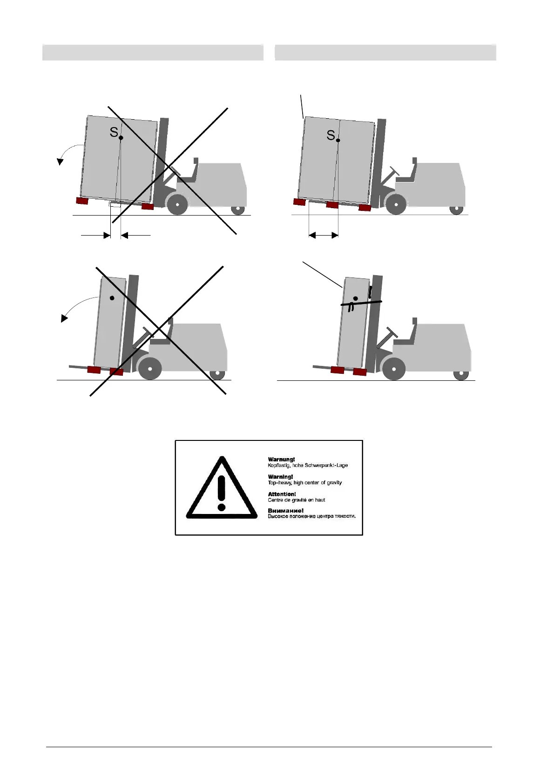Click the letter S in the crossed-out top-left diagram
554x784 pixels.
point(114,132)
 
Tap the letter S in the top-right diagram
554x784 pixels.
point(331,135)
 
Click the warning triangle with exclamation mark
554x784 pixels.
point(222,488)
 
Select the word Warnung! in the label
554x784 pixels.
point(281,460)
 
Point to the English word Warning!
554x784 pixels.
point(280,477)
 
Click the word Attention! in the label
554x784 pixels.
point(282,494)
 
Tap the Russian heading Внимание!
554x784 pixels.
point(285,511)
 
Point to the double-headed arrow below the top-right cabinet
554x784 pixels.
point(324,236)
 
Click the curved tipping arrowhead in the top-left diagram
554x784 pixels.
point(60,161)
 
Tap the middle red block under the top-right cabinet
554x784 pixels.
point(332,204)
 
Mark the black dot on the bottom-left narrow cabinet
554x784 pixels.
point(111,297)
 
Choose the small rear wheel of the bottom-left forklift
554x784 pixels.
point(216,374)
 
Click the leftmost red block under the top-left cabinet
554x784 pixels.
point(82,201)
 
